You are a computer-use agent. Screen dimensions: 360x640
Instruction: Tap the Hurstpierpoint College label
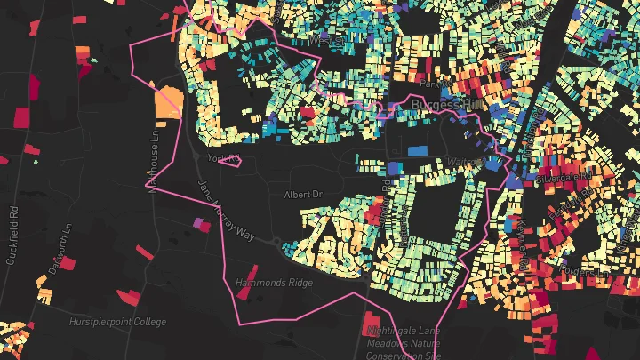pos(111,320)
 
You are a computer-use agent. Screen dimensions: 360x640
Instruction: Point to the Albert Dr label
pos(300,194)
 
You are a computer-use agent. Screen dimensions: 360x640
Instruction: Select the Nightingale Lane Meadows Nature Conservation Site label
pos(404,342)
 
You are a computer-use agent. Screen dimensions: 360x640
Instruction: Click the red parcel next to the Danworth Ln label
pos(68,264)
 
